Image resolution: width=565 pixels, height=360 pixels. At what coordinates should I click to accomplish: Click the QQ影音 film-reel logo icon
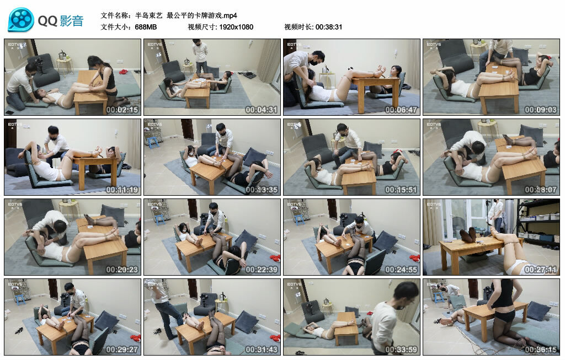(x=21, y=20)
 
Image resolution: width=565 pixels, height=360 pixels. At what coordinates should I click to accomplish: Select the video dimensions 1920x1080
(x=235, y=26)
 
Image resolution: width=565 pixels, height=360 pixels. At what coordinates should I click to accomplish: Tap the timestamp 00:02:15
(x=122, y=110)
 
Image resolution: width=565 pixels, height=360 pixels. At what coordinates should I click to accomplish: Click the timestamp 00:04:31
(x=262, y=110)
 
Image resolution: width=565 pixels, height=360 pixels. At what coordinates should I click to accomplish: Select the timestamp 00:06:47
(x=401, y=110)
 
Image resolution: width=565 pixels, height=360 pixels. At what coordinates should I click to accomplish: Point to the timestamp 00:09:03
(x=541, y=110)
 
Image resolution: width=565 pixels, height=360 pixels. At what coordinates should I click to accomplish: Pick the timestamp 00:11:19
(x=122, y=190)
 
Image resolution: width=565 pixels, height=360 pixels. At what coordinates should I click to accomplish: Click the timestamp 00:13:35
(x=262, y=190)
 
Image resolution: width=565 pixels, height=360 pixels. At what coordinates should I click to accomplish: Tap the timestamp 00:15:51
(x=401, y=190)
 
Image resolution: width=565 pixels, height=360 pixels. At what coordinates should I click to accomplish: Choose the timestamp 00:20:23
(x=122, y=270)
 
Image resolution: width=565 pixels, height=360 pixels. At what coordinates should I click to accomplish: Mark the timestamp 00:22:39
(x=262, y=270)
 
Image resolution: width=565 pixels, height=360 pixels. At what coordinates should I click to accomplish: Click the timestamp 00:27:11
(x=541, y=270)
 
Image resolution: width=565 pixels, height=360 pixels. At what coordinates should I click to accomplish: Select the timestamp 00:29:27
(x=122, y=350)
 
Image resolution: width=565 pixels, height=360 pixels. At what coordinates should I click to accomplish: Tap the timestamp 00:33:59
(x=401, y=350)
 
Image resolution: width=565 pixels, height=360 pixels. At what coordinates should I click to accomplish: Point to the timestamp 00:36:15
(x=541, y=350)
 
